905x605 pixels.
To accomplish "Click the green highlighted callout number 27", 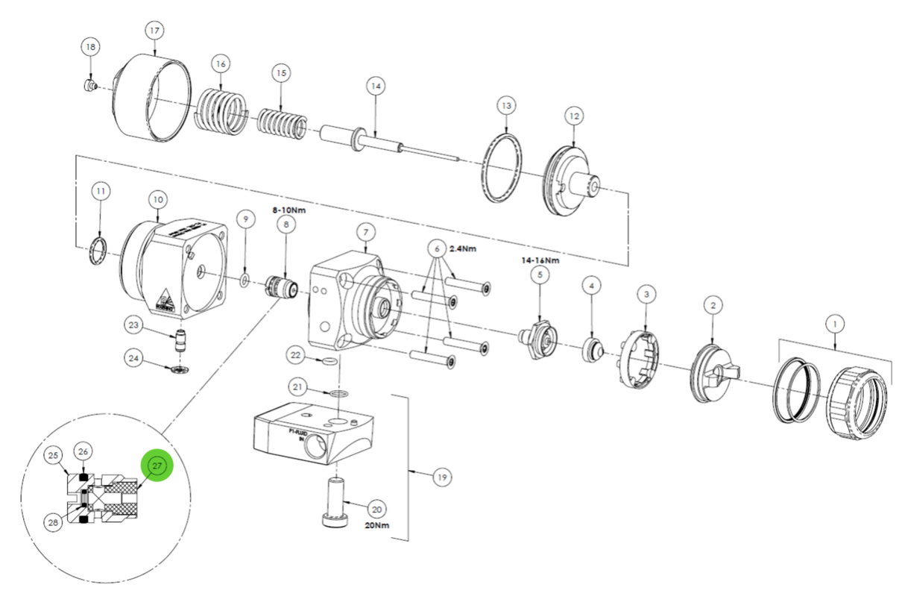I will (157, 465).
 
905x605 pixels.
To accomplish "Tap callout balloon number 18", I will (91, 47).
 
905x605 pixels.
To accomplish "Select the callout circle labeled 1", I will (835, 325).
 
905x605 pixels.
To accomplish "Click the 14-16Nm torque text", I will (540, 260).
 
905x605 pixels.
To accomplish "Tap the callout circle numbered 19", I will (442, 477).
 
